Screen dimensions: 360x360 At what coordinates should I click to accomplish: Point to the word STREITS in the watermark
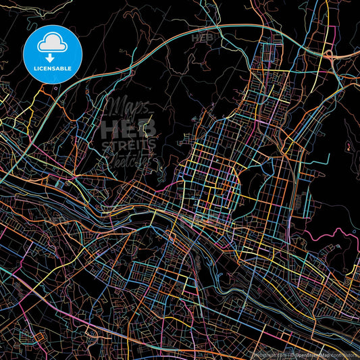[128, 144]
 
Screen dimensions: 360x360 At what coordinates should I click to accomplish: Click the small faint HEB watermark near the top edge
[203, 38]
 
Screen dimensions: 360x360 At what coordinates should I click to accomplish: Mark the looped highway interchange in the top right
[330, 56]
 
